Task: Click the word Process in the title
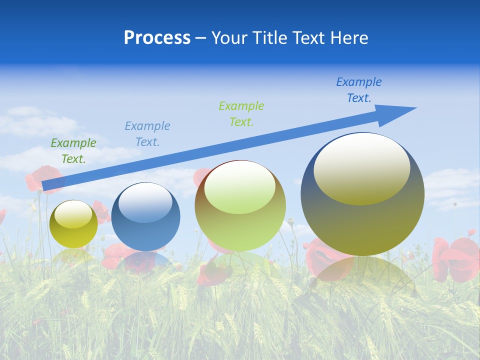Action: coord(157,38)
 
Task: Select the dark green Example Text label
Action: coord(73,151)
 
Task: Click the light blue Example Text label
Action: coord(147,134)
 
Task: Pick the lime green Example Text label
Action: coord(241,113)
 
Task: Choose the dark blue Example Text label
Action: coord(359,90)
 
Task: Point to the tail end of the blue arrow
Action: coord(46,186)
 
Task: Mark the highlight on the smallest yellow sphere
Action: coord(73,214)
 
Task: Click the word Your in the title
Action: coord(229,38)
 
